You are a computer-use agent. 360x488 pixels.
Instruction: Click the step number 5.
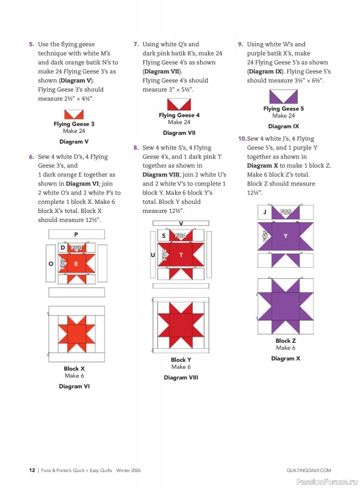(31, 45)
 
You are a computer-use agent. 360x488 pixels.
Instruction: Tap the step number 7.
(136, 45)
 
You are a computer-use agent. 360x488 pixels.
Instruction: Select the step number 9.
(240, 45)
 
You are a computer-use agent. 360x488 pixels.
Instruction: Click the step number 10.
(242, 139)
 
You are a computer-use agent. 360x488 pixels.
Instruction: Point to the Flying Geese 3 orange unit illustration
(74, 114)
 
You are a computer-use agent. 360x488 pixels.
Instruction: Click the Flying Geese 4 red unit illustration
(179, 104)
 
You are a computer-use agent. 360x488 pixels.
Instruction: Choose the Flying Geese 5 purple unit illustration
(283, 96)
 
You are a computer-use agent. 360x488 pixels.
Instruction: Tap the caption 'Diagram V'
(74, 142)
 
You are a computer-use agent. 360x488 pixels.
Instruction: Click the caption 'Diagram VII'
(179, 132)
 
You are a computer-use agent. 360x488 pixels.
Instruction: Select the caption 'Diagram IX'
(283, 126)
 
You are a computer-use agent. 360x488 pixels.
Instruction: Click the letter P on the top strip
(76, 234)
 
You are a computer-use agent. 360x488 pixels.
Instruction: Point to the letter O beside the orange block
(51, 264)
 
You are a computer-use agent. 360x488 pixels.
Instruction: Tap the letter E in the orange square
(76, 264)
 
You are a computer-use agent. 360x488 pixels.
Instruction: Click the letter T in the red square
(180, 254)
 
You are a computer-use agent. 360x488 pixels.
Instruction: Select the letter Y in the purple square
(286, 235)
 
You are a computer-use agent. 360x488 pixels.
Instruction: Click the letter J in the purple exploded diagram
(265, 212)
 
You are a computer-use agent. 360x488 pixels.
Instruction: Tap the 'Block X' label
(74, 369)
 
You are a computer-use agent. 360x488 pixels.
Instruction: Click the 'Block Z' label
(286, 341)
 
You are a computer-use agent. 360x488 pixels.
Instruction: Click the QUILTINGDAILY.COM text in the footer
(308, 470)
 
